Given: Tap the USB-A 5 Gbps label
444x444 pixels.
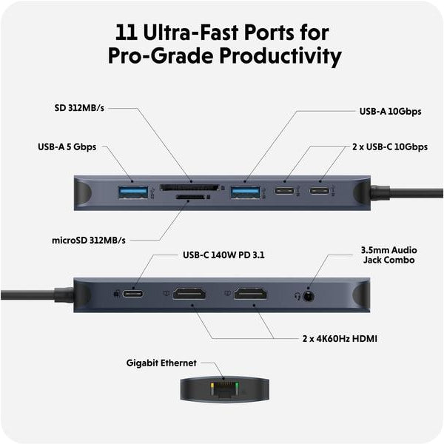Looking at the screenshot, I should click(67, 147).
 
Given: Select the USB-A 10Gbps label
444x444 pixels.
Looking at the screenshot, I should click(390, 112).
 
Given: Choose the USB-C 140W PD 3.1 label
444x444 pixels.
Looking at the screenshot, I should click(223, 255).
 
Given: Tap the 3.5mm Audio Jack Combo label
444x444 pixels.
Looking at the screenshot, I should click(388, 255).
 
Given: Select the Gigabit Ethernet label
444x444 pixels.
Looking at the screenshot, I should click(161, 363).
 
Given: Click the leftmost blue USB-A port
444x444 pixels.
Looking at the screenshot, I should click(133, 192).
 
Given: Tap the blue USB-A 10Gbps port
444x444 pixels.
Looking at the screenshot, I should click(245, 192).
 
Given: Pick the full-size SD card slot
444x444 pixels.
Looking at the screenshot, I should click(189, 188).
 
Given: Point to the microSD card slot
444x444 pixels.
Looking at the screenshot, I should click(189, 198).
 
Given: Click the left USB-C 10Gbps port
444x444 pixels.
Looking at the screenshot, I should click(284, 192).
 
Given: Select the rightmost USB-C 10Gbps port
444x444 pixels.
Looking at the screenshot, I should click(321, 192).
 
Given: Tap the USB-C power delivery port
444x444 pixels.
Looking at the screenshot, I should click(134, 294).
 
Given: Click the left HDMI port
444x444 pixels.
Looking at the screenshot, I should click(189, 294).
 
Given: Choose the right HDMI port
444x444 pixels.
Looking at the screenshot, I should click(251, 294).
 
